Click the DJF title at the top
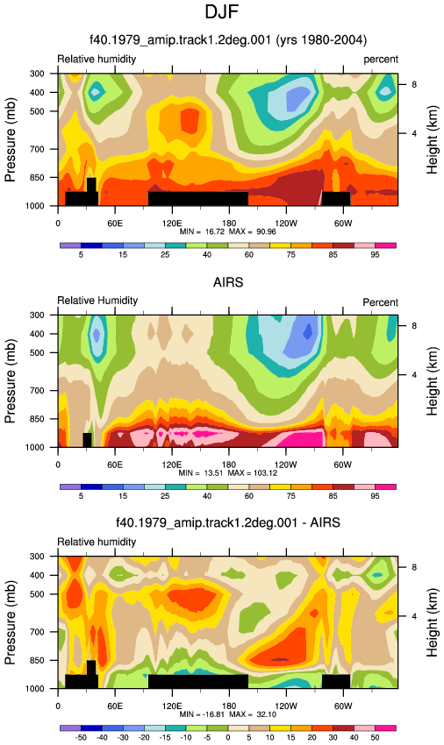(221, 11)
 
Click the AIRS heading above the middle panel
(228, 282)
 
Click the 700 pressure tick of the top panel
(38, 149)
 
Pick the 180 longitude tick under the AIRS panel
(229, 465)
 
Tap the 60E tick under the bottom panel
(115, 706)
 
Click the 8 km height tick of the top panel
(414, 84)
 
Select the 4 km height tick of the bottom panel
(414, 616)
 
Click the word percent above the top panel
(381, 60)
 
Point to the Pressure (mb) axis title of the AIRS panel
(10, 381)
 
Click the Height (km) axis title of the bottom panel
(432, 622)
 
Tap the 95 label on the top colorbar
(375, 255)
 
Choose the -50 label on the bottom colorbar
(81, 737)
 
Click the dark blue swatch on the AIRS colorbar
(92, 487)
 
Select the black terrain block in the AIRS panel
(87, 440)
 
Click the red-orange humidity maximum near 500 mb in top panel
(190, 121)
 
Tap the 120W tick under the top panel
(285, 223)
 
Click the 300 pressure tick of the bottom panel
(38, 556)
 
